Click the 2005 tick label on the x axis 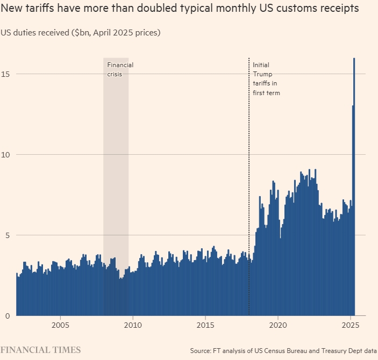60,325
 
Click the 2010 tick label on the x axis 133,325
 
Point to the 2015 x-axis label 205,325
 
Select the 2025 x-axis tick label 350,325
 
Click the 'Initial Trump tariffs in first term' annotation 267,79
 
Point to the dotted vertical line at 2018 249,161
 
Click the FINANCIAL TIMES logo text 40,350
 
